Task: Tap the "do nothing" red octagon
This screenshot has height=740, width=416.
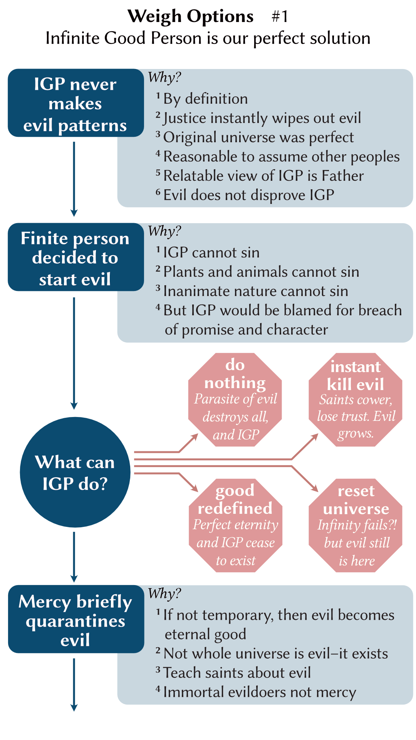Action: pyautogui.click(x=235, y=400)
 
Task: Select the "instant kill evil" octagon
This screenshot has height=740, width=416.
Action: pyautogui.click(x=356, y=400)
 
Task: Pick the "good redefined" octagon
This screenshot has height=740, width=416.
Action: pyautogui.click(x=235, y=525)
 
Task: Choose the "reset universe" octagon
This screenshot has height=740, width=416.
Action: pyautogui.click(x=356, y=525)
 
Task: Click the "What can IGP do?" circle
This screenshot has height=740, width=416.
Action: pyautogui.click(x=75, y=472)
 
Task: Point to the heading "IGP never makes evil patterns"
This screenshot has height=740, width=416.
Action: pyautogui.click(x=75, y=104)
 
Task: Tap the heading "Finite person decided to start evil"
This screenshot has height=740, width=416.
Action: pyautogui.click(x=75, y=258)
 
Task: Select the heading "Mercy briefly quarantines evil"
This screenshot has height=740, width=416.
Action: pyautogui.click(x=75, y=621)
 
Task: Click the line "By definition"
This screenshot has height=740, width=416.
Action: pyautogui.click(x=205, y=99)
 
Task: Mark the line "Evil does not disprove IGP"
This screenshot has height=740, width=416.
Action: pyautogui.click(x=248, y=195)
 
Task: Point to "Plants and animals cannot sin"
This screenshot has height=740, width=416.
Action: pyautogui.click(x=261, y=272)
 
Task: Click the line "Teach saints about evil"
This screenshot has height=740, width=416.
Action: pyautogui.click(x=237, y=673)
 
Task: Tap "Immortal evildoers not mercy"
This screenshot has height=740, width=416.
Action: pyautogui.click(x=260, y=692)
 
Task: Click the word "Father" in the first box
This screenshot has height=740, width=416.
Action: pyautogui.click(x=342, y=176)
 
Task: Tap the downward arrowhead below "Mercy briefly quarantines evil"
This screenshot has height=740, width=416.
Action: pyautogui.click(x=74, y=707)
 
